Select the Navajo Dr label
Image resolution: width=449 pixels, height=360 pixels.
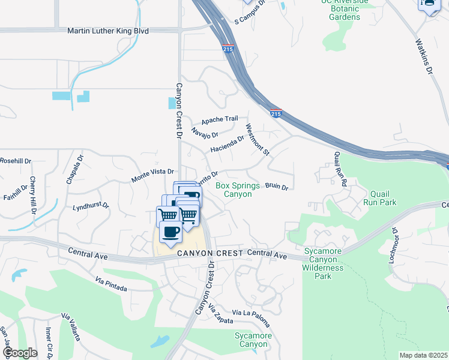205,131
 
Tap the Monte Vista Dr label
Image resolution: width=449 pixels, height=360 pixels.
152,176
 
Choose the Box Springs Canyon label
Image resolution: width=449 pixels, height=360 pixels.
238,190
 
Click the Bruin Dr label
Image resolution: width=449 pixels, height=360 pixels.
277,187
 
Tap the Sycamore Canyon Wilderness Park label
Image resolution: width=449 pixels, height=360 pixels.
324,263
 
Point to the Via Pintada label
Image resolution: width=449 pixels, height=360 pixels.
111,284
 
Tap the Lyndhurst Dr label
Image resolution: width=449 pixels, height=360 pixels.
91,206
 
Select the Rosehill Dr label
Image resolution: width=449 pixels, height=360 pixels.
16,161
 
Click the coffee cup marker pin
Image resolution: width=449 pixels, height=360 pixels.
170,232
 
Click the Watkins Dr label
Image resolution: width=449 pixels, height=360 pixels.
424,58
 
